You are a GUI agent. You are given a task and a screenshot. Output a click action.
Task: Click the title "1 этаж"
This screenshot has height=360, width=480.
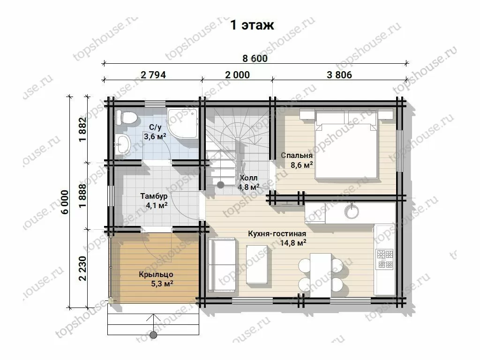[252, 25]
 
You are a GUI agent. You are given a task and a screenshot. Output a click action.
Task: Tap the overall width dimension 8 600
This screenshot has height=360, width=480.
[255, 58]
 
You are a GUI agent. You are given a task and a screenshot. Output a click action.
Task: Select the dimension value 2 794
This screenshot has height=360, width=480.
[153, 75]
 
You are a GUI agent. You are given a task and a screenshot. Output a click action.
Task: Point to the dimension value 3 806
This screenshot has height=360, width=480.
[339, 75]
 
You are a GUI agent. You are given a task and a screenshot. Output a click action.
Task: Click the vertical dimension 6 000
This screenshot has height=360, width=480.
[65, 202]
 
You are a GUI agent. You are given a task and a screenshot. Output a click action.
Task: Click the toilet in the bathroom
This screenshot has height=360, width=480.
[126, 118]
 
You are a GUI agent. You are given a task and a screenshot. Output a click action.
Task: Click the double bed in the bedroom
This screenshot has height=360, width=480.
[346, 144]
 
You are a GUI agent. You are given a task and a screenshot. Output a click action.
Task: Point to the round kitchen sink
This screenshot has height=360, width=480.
[351, 211]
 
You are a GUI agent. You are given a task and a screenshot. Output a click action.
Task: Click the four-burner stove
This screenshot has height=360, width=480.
[385, 259]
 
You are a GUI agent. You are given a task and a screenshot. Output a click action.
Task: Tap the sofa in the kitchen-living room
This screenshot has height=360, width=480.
[222, 264]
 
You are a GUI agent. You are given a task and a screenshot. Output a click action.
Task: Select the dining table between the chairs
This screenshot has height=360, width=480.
[321, 275]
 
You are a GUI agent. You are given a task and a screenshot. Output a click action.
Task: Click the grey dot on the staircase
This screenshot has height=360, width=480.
[221, 185]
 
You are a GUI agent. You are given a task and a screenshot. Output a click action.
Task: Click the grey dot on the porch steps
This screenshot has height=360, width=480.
[154, 334]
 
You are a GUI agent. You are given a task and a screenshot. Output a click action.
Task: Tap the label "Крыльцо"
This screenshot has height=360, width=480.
[156, 275]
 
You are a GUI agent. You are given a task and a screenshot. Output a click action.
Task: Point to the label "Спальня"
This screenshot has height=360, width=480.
[297, 156]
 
